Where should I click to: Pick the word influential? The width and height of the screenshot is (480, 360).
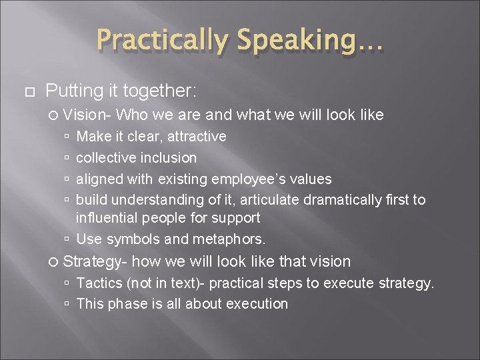(x=107, y=218)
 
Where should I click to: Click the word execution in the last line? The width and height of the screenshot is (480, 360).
(x=257, y=304)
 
